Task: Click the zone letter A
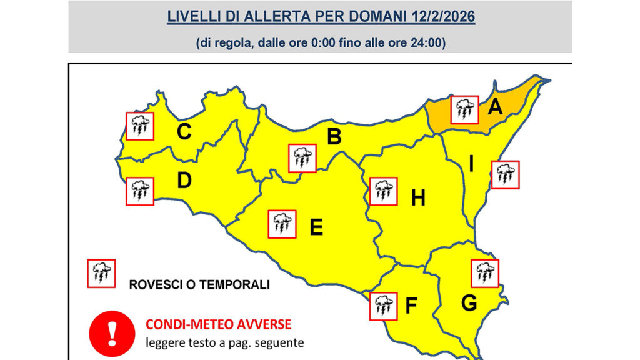pyautogui.click(x=495, y=107)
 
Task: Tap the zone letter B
pyautogui.click(x=334, y=136)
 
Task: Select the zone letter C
pyautogui.click(x=184, y=132)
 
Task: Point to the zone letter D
pyautogui.click(x=184, y=180)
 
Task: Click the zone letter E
pyautogui.click(x=317, y=228)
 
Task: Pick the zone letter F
pyautogui.click(x=411, y=306)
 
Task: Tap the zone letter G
pyautogui.click(x=469, y=304)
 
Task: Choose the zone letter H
pyautogui.click(x=418, y=198)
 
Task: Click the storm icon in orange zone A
pyautogui.click(x=464, y=109)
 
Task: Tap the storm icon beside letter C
pyautogui.click(x=139, y=126)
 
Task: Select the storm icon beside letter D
pyautogui.click(x=139, y=191)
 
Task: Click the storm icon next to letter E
pyautogui.click(x=282, y=224)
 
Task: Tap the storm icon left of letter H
pyautogui.click(x=383, y=191)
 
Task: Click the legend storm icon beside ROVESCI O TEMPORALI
pyautogui.click(x=101, y=273)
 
